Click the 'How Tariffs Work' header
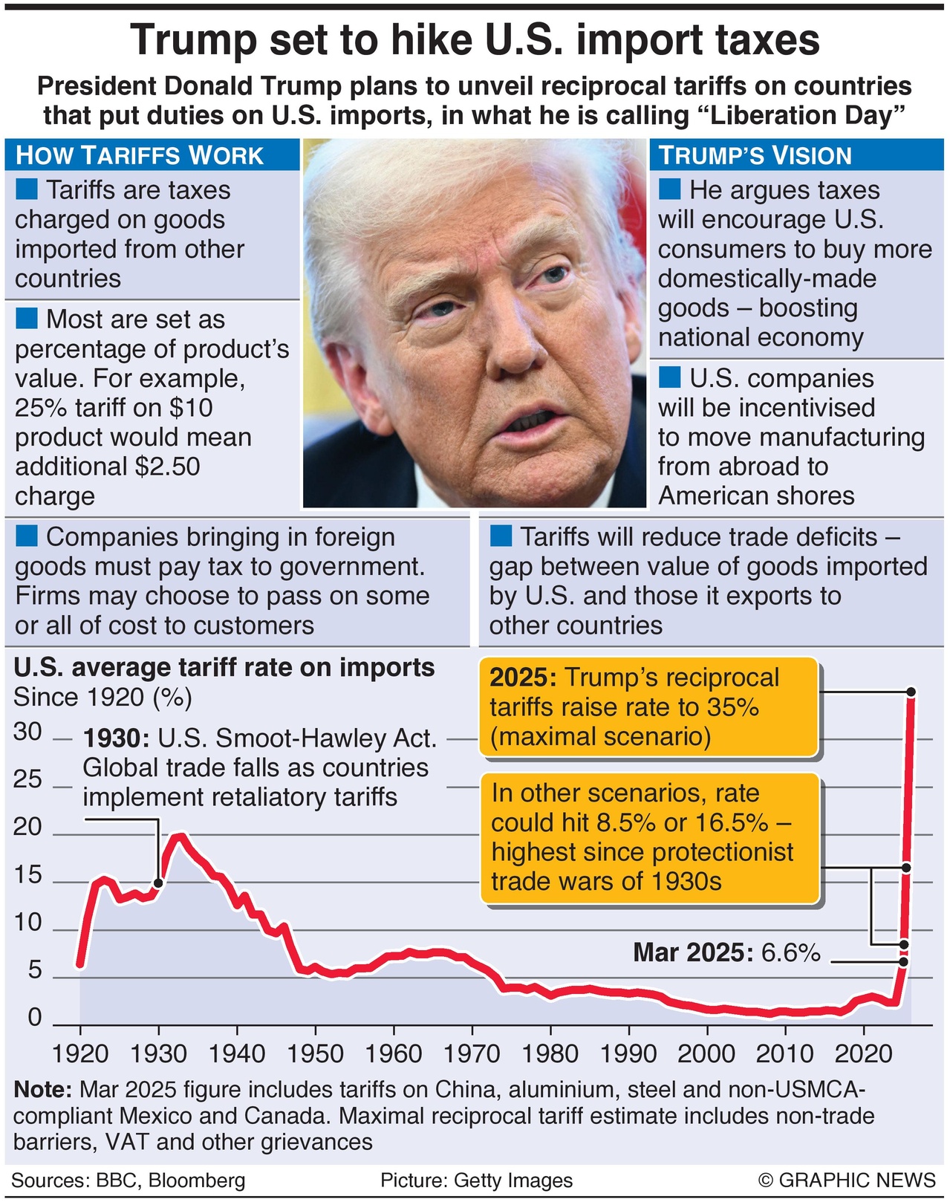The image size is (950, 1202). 140,155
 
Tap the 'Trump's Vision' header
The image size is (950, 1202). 755,155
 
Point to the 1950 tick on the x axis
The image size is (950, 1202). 315,1053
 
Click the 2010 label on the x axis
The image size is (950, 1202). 785,1053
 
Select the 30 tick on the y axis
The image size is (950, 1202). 28,732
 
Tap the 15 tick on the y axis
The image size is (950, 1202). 28,875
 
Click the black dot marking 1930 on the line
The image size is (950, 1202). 158,883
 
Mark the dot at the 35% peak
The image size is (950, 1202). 911,692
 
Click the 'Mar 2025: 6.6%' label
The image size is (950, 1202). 726,952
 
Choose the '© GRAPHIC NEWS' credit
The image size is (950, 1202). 847,1180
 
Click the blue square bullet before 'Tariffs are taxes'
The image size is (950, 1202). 27,189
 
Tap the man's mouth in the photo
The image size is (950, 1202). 530,422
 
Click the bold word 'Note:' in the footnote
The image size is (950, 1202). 42,1090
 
